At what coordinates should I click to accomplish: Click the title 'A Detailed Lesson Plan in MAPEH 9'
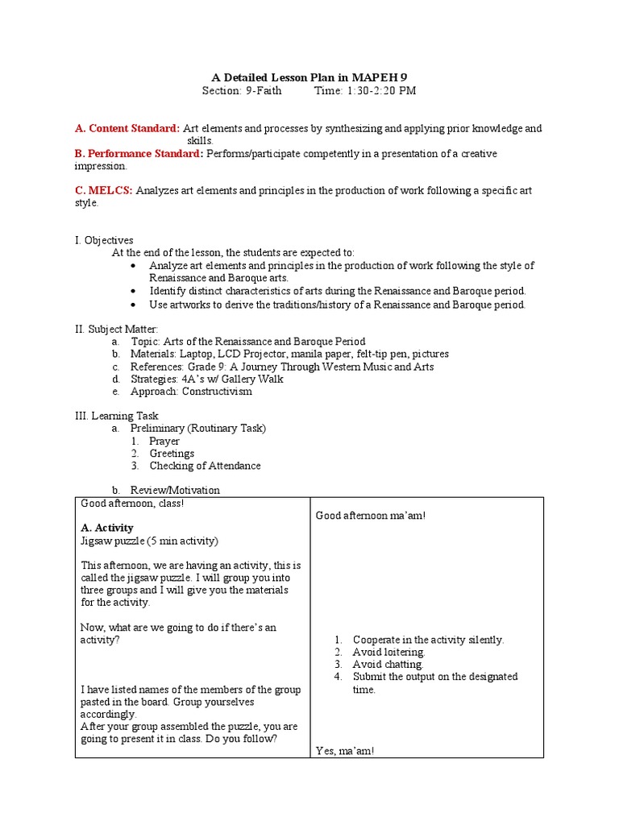(x=309, y=77)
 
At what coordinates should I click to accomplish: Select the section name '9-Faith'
(x=264, y=91)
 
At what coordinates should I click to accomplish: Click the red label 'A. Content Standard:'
(x=127, y=128)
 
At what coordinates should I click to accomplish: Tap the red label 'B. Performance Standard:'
(x=139, y=153)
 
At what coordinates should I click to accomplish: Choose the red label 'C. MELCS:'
(x=104, y=191)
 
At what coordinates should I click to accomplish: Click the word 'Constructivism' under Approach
(x=217, y=392)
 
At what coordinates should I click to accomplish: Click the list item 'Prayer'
(x=164, y=442)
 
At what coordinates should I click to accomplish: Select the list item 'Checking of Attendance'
(x=205, y=466)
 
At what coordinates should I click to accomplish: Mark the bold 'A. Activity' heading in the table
(x=107, y=528)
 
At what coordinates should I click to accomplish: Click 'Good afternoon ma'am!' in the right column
(x=370, y=516)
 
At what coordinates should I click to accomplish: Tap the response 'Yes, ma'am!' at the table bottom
(x=344, y=751)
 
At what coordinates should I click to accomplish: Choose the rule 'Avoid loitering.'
(x=388, y=652)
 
